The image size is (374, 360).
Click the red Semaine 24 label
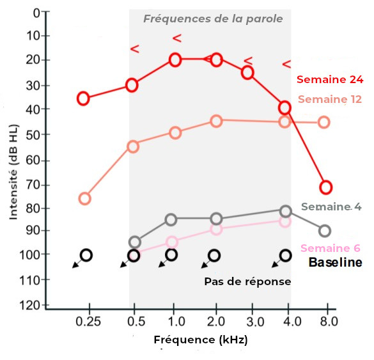(330, 80)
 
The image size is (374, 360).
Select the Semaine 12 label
(330, 99)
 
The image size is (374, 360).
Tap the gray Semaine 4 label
(331, 207)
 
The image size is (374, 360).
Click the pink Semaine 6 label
(330, 248)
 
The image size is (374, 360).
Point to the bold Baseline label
(336, 262)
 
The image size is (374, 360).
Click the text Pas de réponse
(247, 281)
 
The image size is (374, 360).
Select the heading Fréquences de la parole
(213, 19)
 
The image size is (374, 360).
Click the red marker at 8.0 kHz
(325, 187)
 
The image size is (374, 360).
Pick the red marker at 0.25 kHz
(83, 98)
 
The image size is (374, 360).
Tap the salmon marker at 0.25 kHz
(84, 198)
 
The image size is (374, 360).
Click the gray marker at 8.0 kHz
(325, 231)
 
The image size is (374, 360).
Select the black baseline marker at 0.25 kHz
(86, 255)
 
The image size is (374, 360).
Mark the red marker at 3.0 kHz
(247, 73)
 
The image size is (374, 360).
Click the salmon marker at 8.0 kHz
(323, 122)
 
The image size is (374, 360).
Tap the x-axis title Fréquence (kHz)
(200, 340)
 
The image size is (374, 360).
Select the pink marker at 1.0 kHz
(172, 242)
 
